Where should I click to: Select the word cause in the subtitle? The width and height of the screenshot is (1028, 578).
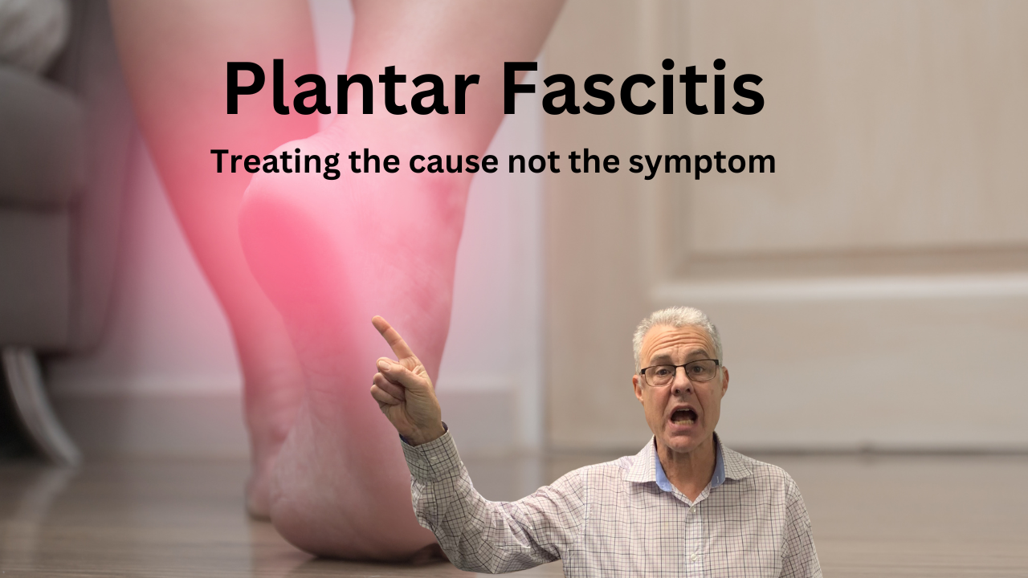tap(446, 162)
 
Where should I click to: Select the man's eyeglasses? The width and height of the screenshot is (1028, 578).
tap(679, 372)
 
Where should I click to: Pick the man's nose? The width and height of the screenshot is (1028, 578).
tap(681, 389)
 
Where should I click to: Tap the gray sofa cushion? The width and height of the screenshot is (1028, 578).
tap(40, 161)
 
